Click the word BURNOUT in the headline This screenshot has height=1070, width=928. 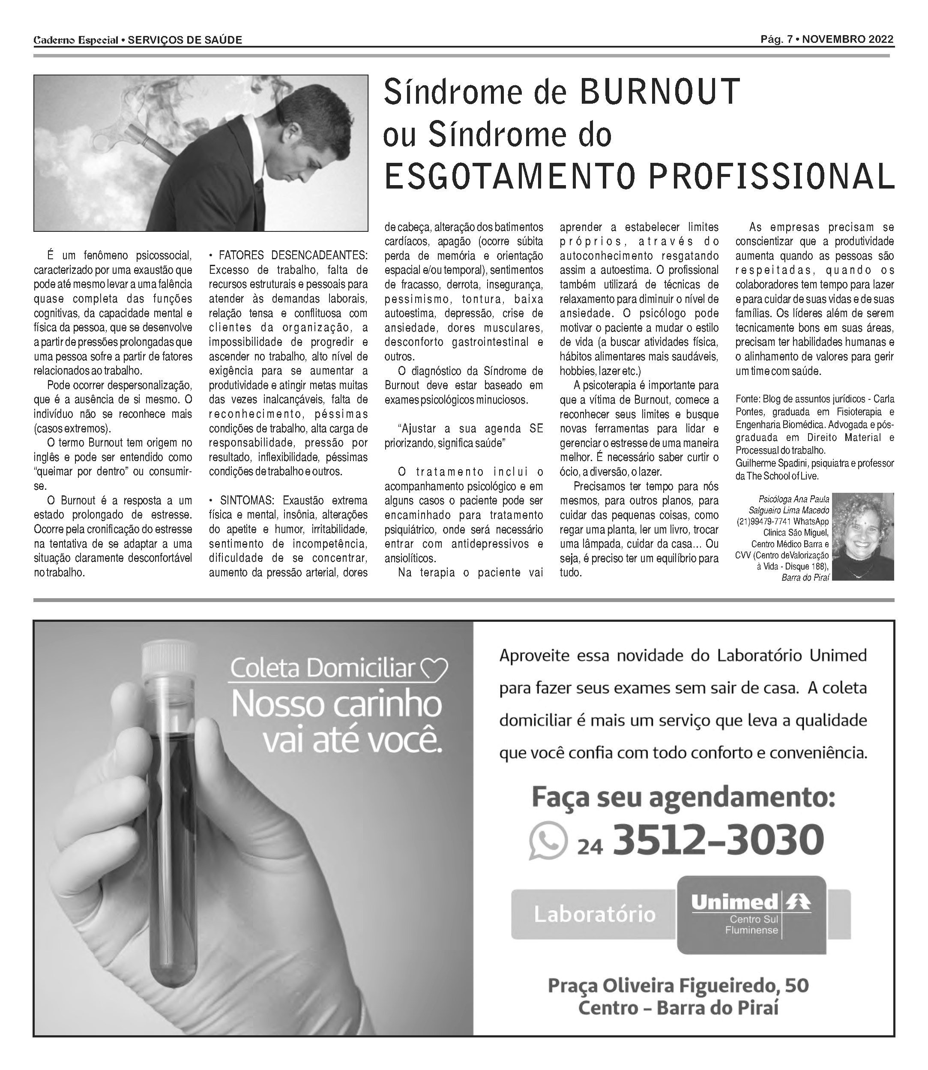pos(659,92)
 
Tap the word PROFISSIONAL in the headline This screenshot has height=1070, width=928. pos(771,177)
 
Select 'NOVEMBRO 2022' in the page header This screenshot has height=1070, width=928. pos(849,40)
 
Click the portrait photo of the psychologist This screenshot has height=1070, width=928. pos(862,536)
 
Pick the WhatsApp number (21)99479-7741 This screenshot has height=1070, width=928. pos(764,522)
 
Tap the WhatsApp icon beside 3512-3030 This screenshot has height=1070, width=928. pos(548,841)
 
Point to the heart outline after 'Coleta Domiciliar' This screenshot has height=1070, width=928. pos(434,669)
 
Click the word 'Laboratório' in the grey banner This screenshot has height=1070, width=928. pos(595,914)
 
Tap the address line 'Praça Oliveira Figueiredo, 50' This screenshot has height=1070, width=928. pos(678,985)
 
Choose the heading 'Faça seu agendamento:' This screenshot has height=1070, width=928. pos(683,797)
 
